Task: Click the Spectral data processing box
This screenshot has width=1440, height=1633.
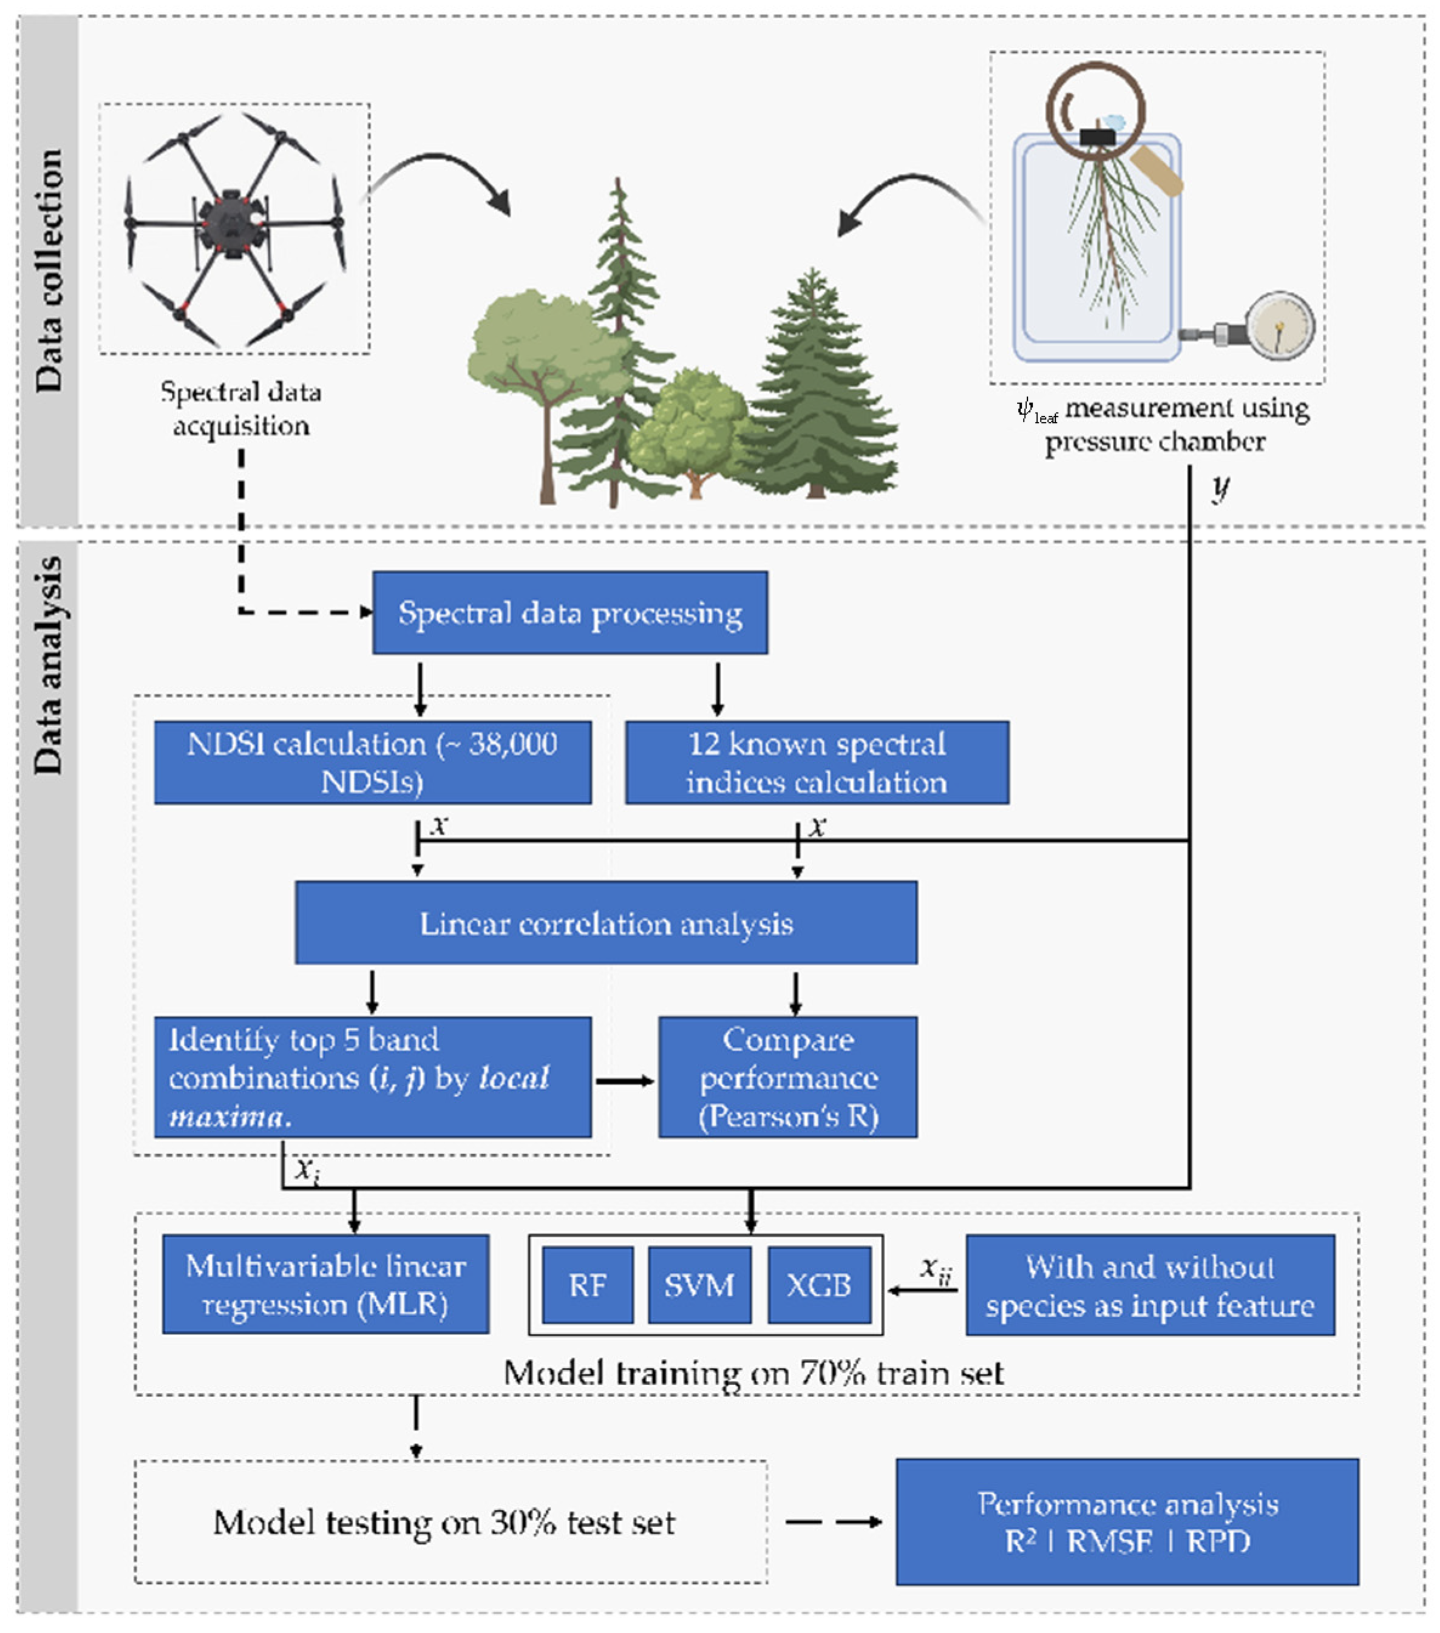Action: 570,613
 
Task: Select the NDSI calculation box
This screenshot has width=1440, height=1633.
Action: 372,762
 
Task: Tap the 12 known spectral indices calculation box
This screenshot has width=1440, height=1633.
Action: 817,762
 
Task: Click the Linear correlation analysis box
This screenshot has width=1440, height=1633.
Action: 606,923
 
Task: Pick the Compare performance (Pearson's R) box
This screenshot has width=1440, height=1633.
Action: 788,1077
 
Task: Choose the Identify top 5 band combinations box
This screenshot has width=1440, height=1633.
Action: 372,1077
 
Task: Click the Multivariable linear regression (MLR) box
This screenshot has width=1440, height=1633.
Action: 325,1285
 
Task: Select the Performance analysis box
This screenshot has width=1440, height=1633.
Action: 1127,1522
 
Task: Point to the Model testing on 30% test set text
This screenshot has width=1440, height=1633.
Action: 444,1522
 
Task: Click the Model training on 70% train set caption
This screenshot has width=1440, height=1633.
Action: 753,1373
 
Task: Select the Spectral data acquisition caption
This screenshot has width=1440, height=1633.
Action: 240,408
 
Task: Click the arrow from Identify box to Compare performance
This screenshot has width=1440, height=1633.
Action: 625,1081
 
